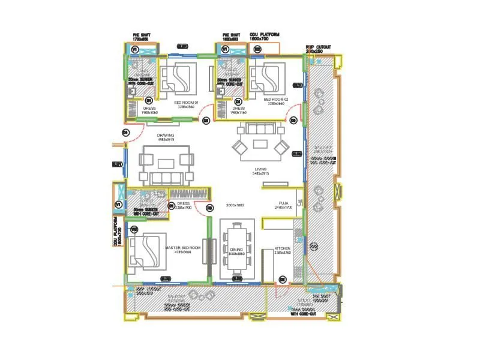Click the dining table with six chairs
click(x=237, y=250)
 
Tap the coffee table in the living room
click(x=260, y=143)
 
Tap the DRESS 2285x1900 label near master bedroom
click(x=184, y=206)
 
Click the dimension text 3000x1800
click(x=235, y=205)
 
